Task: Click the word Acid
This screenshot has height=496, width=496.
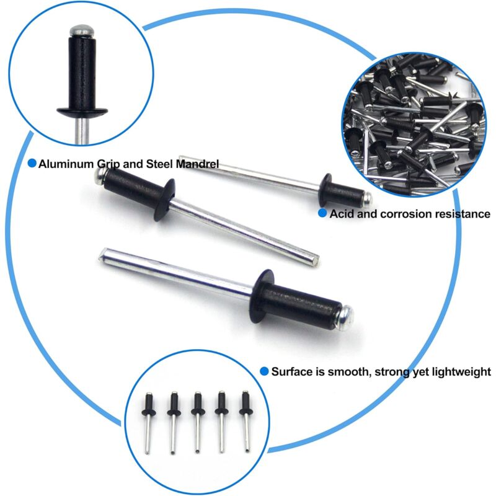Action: (341, 214)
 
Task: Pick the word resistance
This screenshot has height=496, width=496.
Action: (461, 214)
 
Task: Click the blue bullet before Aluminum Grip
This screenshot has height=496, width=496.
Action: (32, 164)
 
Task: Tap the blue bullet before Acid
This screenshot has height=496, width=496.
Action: (322, 213)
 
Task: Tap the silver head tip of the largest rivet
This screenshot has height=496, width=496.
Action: (348, 315)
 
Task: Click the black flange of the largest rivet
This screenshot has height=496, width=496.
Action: (262, 297)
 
